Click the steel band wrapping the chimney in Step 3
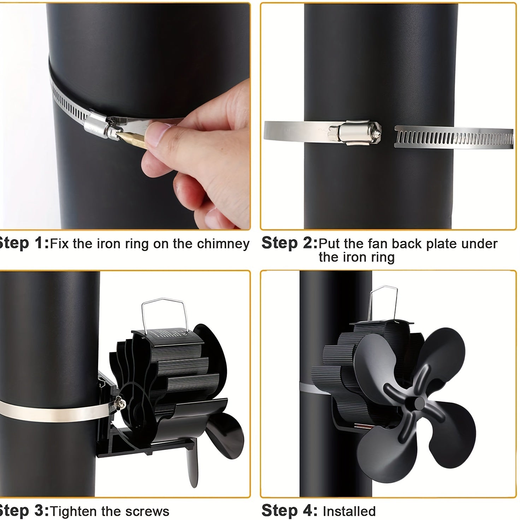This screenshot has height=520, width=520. (x=53, y=410)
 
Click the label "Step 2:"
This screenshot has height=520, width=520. (x=289, y=243)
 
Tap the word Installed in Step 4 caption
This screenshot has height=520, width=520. (x=349, y=511)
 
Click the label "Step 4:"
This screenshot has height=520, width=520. (x=289, y=511)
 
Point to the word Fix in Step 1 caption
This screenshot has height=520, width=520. (x=60, y=244)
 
